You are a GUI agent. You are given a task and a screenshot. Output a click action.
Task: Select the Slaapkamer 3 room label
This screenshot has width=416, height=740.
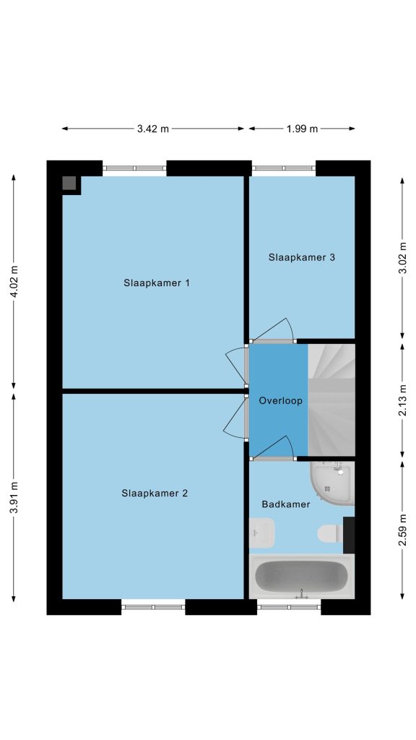pyautogui.click(x=302, y=258)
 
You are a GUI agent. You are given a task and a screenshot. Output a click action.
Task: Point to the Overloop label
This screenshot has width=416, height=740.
pyautogui.click(x=281, y=401)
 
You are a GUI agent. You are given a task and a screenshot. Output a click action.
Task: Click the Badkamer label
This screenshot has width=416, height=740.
pyautogui.click(x=286, y=504)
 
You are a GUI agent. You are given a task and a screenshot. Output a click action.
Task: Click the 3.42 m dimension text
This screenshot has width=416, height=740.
pyautogui.click(x=153, y=129)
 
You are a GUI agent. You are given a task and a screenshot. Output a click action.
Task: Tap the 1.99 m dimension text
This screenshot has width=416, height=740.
pyautogui.click(x=302, y=129)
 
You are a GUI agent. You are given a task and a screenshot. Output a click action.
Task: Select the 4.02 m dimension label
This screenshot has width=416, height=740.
pyautogui.click(x=14, y=281)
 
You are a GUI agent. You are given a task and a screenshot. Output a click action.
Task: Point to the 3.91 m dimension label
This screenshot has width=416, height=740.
pyautogui.click(x=14, y=498)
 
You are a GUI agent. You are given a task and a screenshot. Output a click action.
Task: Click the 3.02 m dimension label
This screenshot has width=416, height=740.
pyautogui.click(x=402, y=258)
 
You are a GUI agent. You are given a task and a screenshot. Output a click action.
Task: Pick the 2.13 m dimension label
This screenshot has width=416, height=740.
pyautogui.click(x=402, y=400)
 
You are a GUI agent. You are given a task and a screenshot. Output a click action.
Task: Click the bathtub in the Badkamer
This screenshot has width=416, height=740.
pyautogui.click(x=301, y=576)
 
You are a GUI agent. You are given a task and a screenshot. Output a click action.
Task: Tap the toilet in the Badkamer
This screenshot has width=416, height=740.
pyautogui.click(x=330, y=534)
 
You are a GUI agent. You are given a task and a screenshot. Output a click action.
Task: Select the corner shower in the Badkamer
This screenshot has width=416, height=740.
pyautogui.click(x=332, y=482)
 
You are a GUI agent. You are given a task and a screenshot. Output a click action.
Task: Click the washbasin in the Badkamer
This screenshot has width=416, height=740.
pyautogui.click(x=261, y=533)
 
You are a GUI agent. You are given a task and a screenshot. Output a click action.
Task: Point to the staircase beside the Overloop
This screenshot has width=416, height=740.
pyautogui.click(x=331, y=400)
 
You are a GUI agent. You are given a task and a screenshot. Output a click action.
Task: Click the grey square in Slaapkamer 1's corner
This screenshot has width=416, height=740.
pyautogui.click(x=69, y=183)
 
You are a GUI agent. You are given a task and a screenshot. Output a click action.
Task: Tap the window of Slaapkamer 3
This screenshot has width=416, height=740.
pyautogui.click(x=283, y=168)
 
